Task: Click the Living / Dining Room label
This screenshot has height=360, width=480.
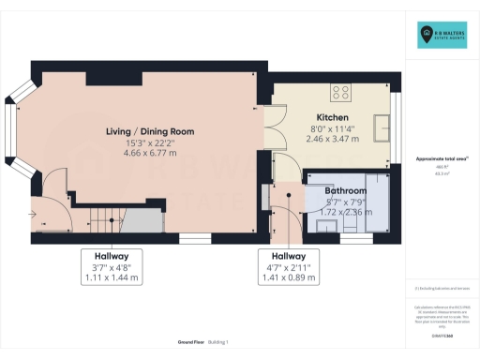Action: point(149,132)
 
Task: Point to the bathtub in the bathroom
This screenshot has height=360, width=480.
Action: point(375,204)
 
